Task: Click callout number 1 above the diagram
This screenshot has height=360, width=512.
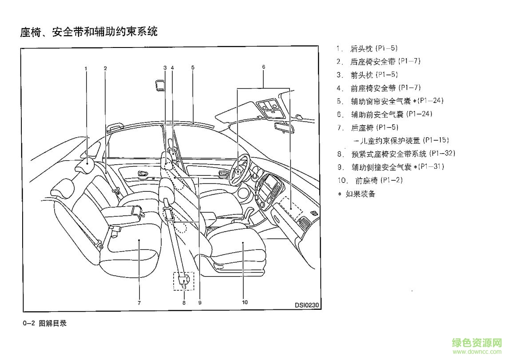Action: coord(86,68)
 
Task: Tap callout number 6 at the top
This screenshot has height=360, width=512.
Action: coord(263,67)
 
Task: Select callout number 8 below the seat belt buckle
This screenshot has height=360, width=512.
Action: coord(183,303)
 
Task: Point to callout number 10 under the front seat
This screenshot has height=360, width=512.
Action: coord(244,302)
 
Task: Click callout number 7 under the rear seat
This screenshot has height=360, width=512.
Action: coord(139,303)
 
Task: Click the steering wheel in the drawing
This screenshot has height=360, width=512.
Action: coord(240,168)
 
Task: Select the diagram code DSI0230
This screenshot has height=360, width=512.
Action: coord(307,305)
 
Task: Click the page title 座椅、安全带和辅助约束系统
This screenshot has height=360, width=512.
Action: coord(89,32)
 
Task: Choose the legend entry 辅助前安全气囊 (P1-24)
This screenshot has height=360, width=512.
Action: coord(391,114)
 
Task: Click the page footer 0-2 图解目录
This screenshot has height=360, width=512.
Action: coord(44,324)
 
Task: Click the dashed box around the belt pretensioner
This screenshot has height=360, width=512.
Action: coord(183,281)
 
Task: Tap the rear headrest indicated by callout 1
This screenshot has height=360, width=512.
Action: coord(87,164)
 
